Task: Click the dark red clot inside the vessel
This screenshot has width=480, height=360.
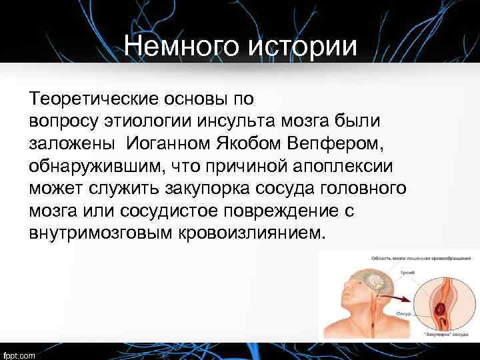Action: [x=439, y=309]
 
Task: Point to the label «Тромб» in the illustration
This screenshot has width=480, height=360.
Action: [x=405, y=273]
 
